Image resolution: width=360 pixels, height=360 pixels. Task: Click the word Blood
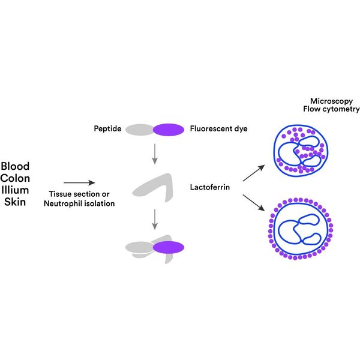coord(15,166)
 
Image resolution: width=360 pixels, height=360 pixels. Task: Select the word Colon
coord(15,178)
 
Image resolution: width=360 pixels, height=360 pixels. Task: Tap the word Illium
coord(15,190)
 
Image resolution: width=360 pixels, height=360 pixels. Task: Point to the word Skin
coord(15,202)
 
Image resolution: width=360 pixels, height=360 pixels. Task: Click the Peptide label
coord(108,128)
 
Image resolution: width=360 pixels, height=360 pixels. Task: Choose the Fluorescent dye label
coord(218,128)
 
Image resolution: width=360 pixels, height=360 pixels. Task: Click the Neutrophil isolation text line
coord(79,204)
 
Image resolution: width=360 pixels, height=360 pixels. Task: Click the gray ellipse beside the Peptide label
coord(140,128)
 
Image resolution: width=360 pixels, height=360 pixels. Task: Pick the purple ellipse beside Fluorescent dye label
coord(169,128)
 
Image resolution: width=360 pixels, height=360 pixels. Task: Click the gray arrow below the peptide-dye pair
coord(154,154)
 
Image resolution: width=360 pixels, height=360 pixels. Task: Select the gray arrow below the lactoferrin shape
coord(154,219)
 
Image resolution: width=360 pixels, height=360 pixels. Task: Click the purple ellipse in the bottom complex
coord(168,246)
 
